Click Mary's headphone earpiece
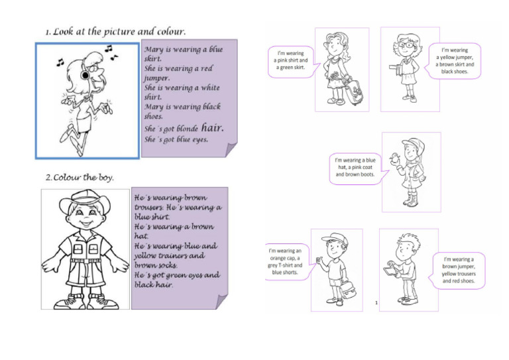coord(85,76)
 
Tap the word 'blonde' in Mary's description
coord(185,129)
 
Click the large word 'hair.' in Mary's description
coord(213,127)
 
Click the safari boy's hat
coord(85,200)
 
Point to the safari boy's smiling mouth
coord(85,223)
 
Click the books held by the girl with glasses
coord(396,68)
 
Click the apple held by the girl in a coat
coord(395,158)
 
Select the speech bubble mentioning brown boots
coord(357,168)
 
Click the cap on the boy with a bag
coord(334,238)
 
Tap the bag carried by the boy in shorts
coord(347,290)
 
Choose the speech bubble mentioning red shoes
coord(457,270)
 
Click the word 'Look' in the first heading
coord(63,32)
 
